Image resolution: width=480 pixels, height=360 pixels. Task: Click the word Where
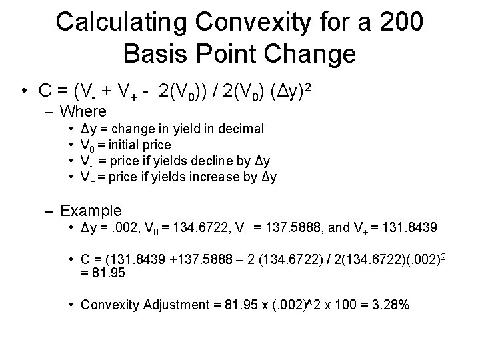click(x=83, y=111)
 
